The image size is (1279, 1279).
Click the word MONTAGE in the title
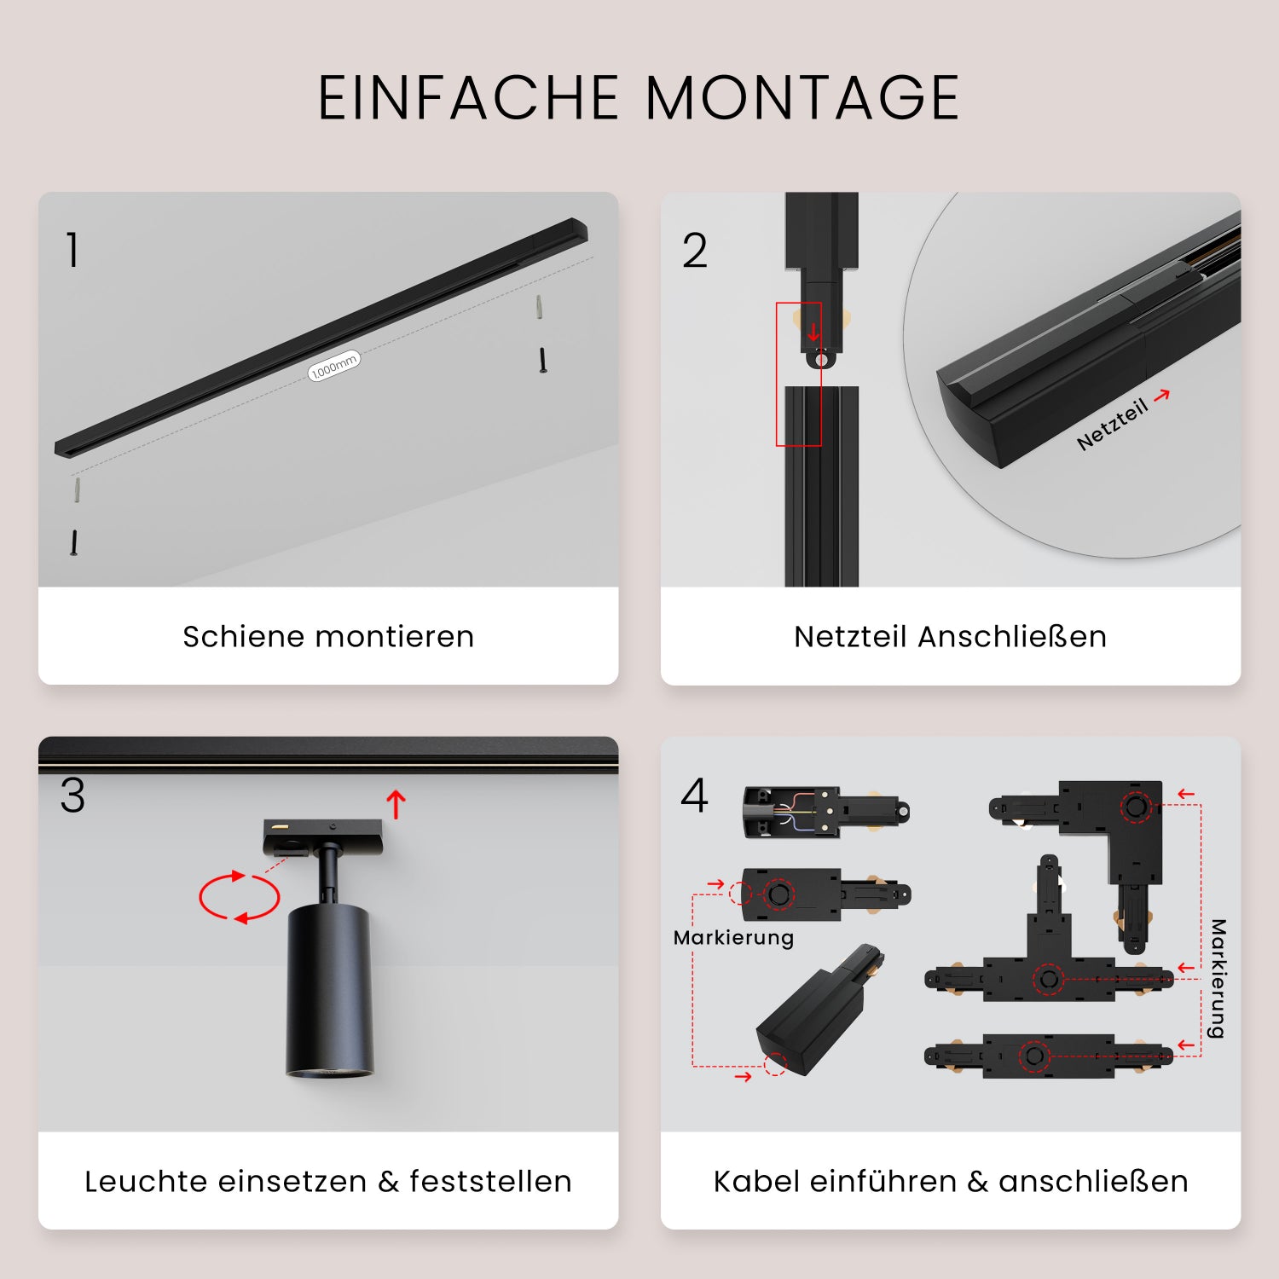coord(802,97)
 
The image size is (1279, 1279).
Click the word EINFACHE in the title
coord(468,97)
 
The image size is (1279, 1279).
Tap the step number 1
coord(72,251)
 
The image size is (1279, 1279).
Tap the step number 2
coord(694,251)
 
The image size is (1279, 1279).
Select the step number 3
coord(72,796)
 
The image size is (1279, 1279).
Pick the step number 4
coord(694,796)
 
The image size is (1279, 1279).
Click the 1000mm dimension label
coord(333,366)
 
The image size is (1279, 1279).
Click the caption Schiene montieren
coord(328,636)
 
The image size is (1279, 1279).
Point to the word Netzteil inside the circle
coord(1111,425)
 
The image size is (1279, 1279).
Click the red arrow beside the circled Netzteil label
coord(1161,395)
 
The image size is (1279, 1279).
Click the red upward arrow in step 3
coord(396,803)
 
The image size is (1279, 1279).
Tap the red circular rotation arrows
coord(239,897)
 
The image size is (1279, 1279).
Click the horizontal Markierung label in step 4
coord(733,938)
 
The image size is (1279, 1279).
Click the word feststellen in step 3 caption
coord(490,1181)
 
